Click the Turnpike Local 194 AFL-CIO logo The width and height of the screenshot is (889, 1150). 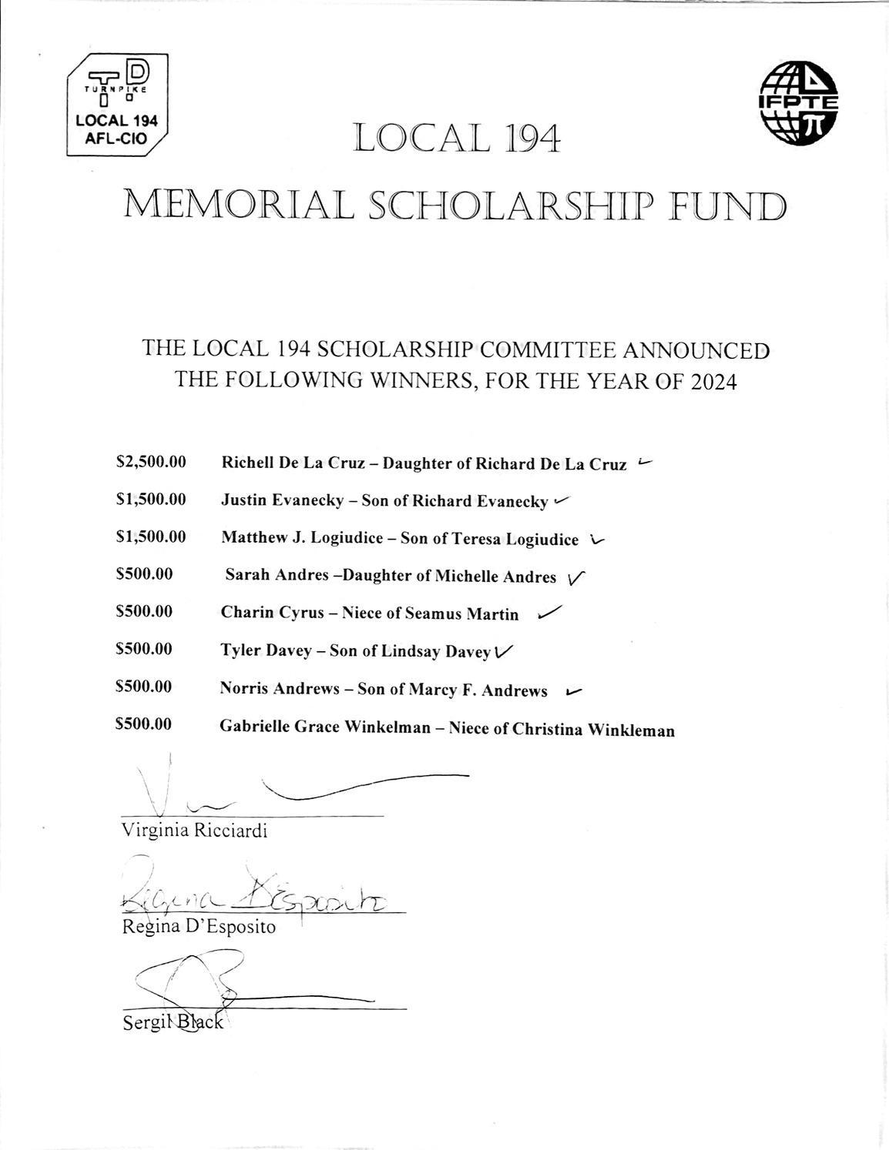tap(118, 105)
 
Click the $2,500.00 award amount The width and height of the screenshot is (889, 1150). tap(151, 463)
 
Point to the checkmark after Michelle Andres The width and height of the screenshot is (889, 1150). tap(576, 577)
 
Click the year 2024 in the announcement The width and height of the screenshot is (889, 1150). tap(713, 381)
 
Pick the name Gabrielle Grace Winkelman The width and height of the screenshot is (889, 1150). tap(325, 727)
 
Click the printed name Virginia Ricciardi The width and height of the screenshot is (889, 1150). tap(194, 831)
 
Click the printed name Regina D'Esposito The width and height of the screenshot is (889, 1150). tap(199, 926)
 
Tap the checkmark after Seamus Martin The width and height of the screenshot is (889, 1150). tap(549, 613)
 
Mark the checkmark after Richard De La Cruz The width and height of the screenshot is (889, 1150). tap(646, 463)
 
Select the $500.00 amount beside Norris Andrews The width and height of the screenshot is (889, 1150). tap(143, 687)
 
